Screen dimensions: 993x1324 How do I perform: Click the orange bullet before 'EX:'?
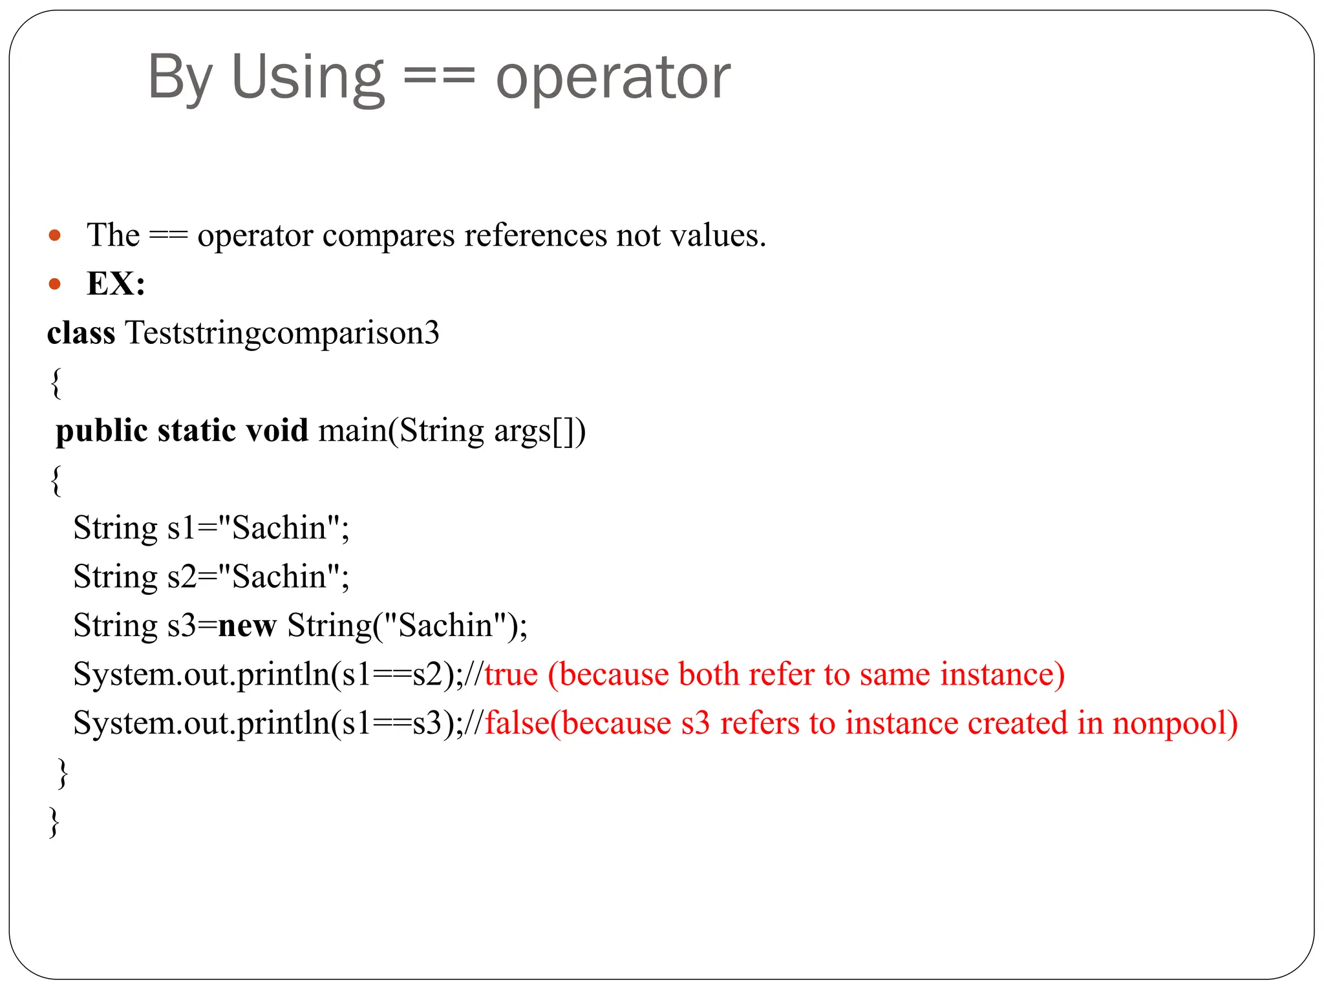(x=55, y=284)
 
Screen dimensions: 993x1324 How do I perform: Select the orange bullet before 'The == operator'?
(x=55, y=235)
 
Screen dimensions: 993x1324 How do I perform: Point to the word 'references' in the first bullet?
(x=535, y=235)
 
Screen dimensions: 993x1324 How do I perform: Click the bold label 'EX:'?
(x=116, y=284)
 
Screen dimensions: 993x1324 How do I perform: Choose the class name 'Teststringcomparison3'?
(x=282, y=334)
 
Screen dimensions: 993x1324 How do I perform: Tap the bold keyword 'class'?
(x=81, y=334)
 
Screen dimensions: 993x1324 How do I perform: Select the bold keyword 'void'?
(x=277, y=431)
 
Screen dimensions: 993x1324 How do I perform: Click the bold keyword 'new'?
(x=247, y=626)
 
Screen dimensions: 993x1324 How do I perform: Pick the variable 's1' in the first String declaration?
(x=181, y=528)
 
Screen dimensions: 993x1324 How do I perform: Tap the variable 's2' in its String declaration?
(x=181, y=577)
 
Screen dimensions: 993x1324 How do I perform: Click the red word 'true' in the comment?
(x=511, y=674)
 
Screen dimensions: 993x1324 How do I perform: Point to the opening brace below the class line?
(x=56, y=383)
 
